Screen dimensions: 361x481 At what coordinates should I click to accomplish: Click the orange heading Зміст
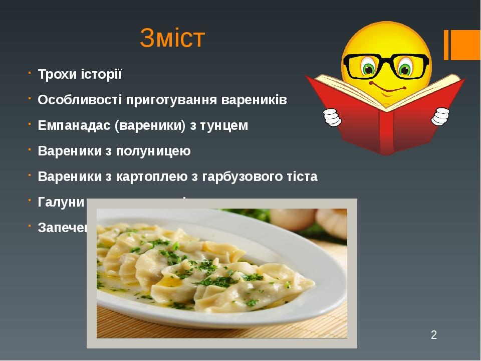tap(172, 39)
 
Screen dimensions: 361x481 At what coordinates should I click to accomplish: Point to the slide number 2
tap(434, 334)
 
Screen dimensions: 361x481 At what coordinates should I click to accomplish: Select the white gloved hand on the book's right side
tap(440, 116)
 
